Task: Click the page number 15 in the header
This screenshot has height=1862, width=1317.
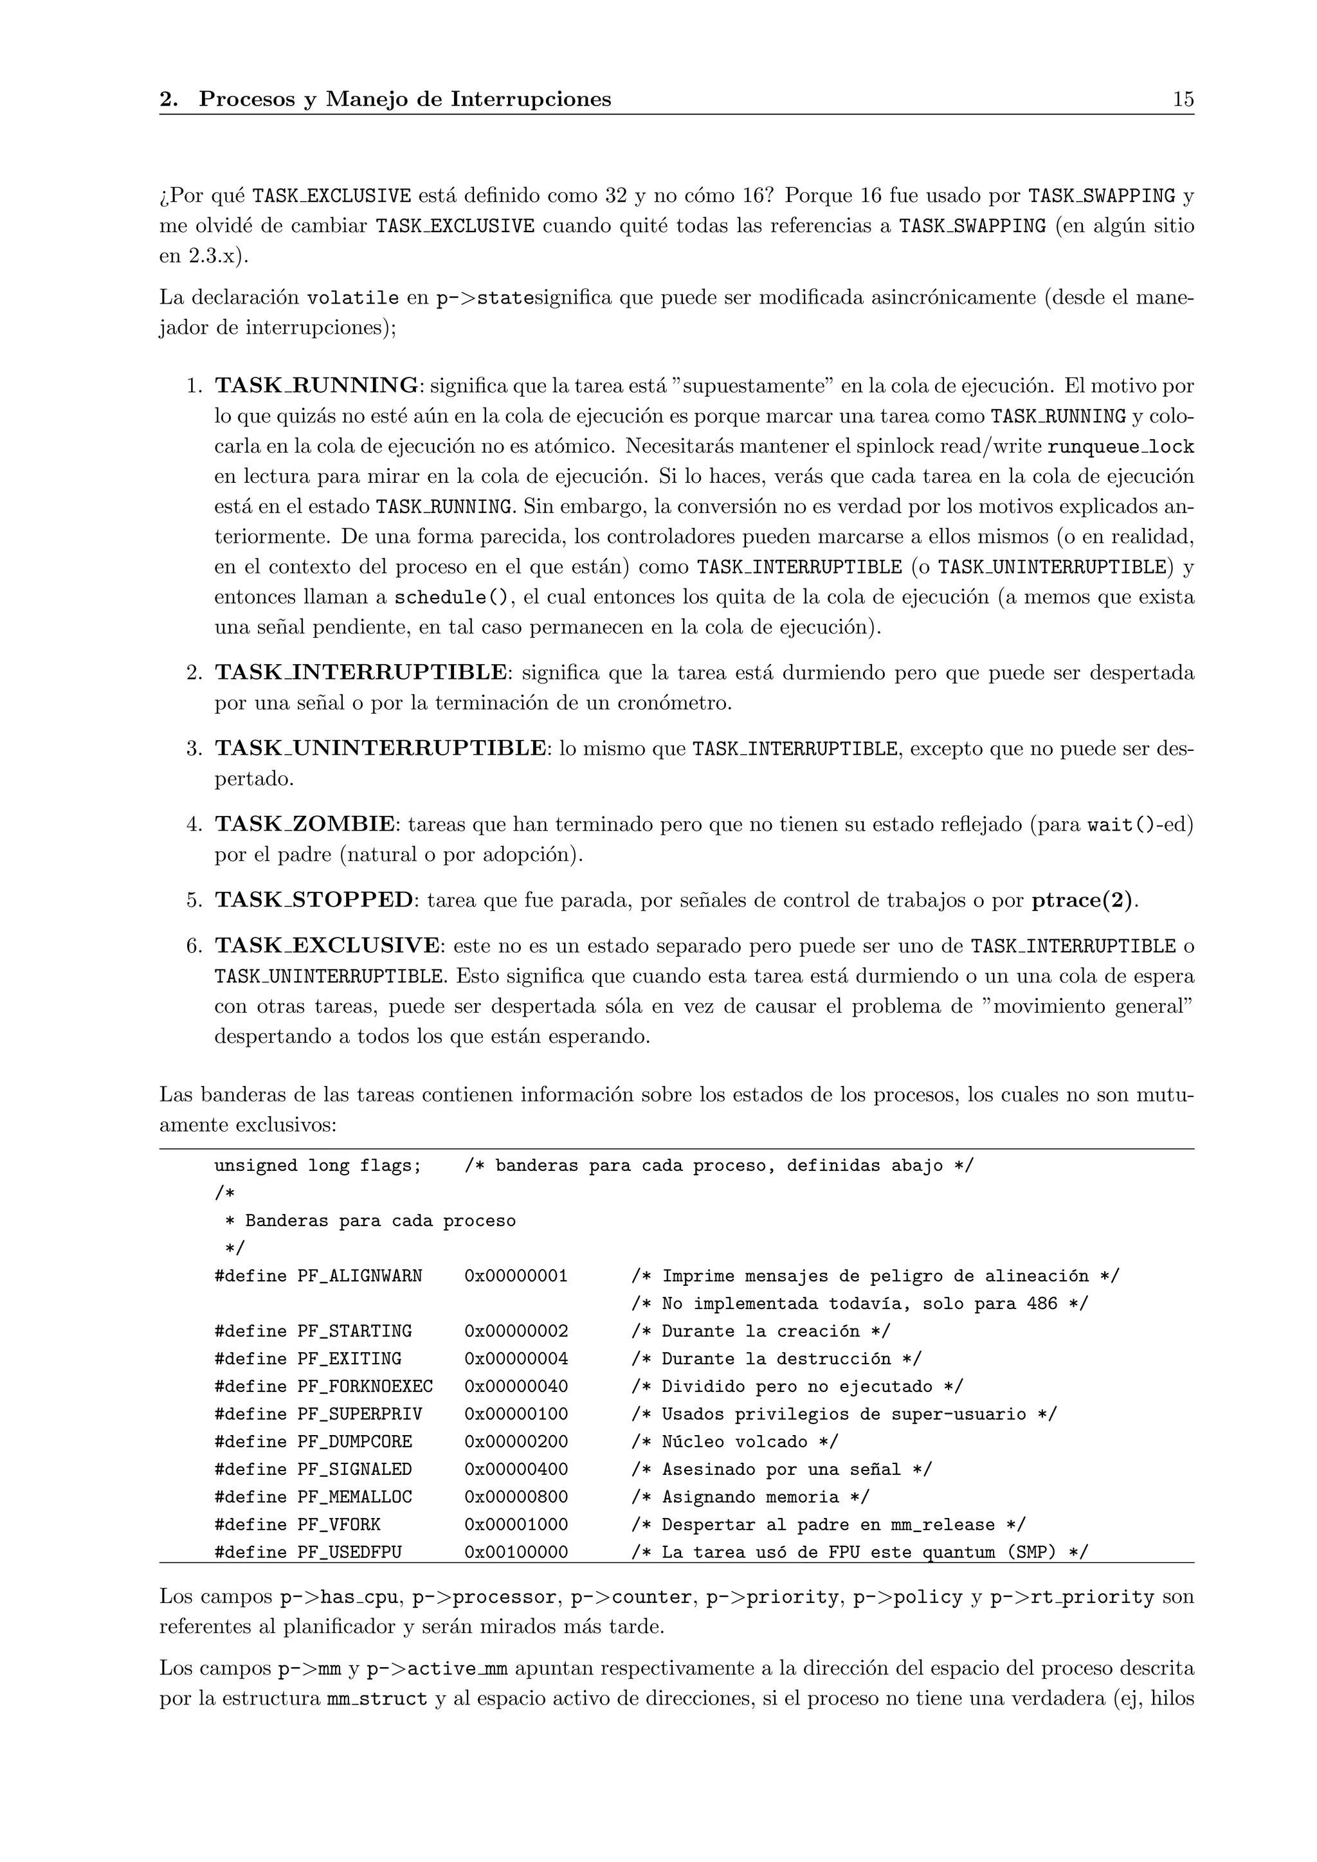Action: [x=1183, y=99]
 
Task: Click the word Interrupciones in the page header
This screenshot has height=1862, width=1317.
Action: [x=531, y=99]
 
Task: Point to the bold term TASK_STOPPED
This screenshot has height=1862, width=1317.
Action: [x=314, y=900]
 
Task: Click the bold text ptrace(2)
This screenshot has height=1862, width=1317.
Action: [x=1084, y=900]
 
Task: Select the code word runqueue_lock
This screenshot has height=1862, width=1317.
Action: [x=1121, y=447]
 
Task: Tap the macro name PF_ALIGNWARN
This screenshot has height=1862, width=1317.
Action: [x=359, y=1276]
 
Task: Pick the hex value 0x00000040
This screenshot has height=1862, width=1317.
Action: [x=516, y=1386]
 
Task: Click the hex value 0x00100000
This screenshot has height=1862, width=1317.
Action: [x=516, y=1551]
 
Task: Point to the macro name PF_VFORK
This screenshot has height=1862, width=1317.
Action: [x=338, y=1524]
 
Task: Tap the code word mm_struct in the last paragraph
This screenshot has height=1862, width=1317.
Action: [x=376, y=1699]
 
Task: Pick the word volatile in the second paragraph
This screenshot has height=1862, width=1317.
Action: [x=353, y=298]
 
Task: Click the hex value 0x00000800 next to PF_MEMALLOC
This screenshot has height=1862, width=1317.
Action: [x=516, y=1496]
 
